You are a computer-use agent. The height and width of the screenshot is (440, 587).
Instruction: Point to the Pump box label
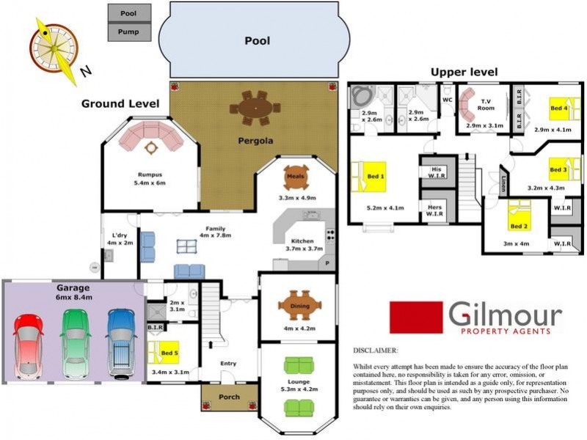tap(129, 32)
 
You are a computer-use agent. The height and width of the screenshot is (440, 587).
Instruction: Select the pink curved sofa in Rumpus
tap(151, 135)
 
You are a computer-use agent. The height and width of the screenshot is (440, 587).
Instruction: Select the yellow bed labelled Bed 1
tap(374, 177)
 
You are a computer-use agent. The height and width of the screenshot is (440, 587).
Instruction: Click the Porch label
tap(230, 397)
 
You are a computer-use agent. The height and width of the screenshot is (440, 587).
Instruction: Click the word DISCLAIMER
tap(375, 351)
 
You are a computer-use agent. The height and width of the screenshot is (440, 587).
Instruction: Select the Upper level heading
tap(464, 72)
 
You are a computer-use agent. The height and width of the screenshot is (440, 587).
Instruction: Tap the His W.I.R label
tap(435, 171)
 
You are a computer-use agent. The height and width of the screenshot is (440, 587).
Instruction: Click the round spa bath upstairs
tap(362, 97)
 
